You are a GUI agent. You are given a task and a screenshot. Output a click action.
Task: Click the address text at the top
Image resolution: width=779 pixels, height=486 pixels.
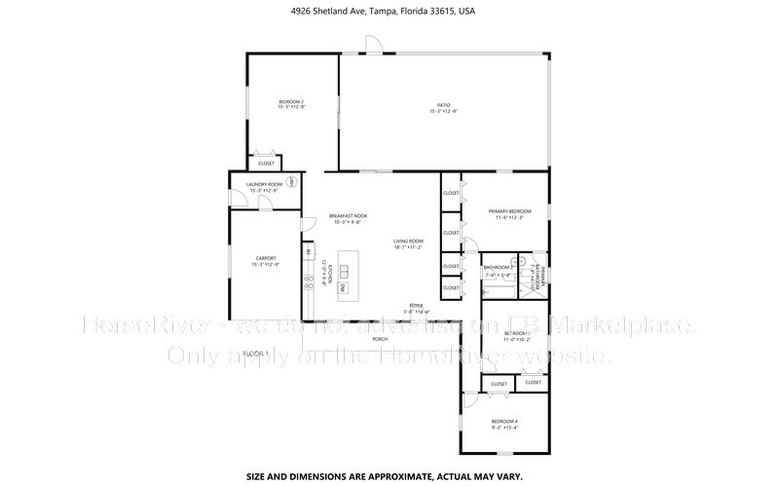tap(389, 11)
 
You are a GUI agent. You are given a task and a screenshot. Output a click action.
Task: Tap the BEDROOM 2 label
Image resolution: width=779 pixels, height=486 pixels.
tap(291, 104)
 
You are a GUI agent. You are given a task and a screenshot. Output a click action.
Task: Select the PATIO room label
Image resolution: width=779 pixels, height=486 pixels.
tap(443, 108)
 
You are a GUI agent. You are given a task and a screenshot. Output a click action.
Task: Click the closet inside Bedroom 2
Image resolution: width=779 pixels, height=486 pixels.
tap(264, 162)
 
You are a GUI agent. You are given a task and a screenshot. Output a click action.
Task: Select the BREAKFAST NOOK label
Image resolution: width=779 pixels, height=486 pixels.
tap(348, 217)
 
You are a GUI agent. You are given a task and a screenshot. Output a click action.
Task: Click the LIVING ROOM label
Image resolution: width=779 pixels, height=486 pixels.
tap(408, 243)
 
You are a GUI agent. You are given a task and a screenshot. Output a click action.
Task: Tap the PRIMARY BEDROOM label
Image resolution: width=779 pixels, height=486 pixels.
tap(509, 213)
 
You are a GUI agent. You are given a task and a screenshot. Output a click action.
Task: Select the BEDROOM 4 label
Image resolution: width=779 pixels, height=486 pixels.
tap(503, 423)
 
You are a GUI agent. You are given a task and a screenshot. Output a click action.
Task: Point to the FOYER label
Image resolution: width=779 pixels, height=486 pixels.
tap(416, 307)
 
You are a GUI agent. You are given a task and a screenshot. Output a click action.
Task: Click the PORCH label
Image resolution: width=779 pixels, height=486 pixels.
tap(379, 338)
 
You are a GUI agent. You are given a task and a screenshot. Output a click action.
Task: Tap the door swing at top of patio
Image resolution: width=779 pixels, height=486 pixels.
tap(372, 44)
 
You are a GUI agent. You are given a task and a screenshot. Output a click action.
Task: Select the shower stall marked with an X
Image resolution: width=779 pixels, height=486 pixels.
tap(523, 262)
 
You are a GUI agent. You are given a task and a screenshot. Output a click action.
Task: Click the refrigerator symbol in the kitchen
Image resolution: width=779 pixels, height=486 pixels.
tap(309, 254)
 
